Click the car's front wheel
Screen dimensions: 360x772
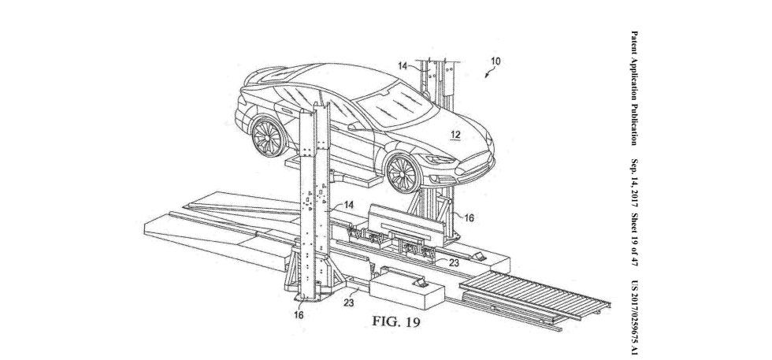coord(403,173)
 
